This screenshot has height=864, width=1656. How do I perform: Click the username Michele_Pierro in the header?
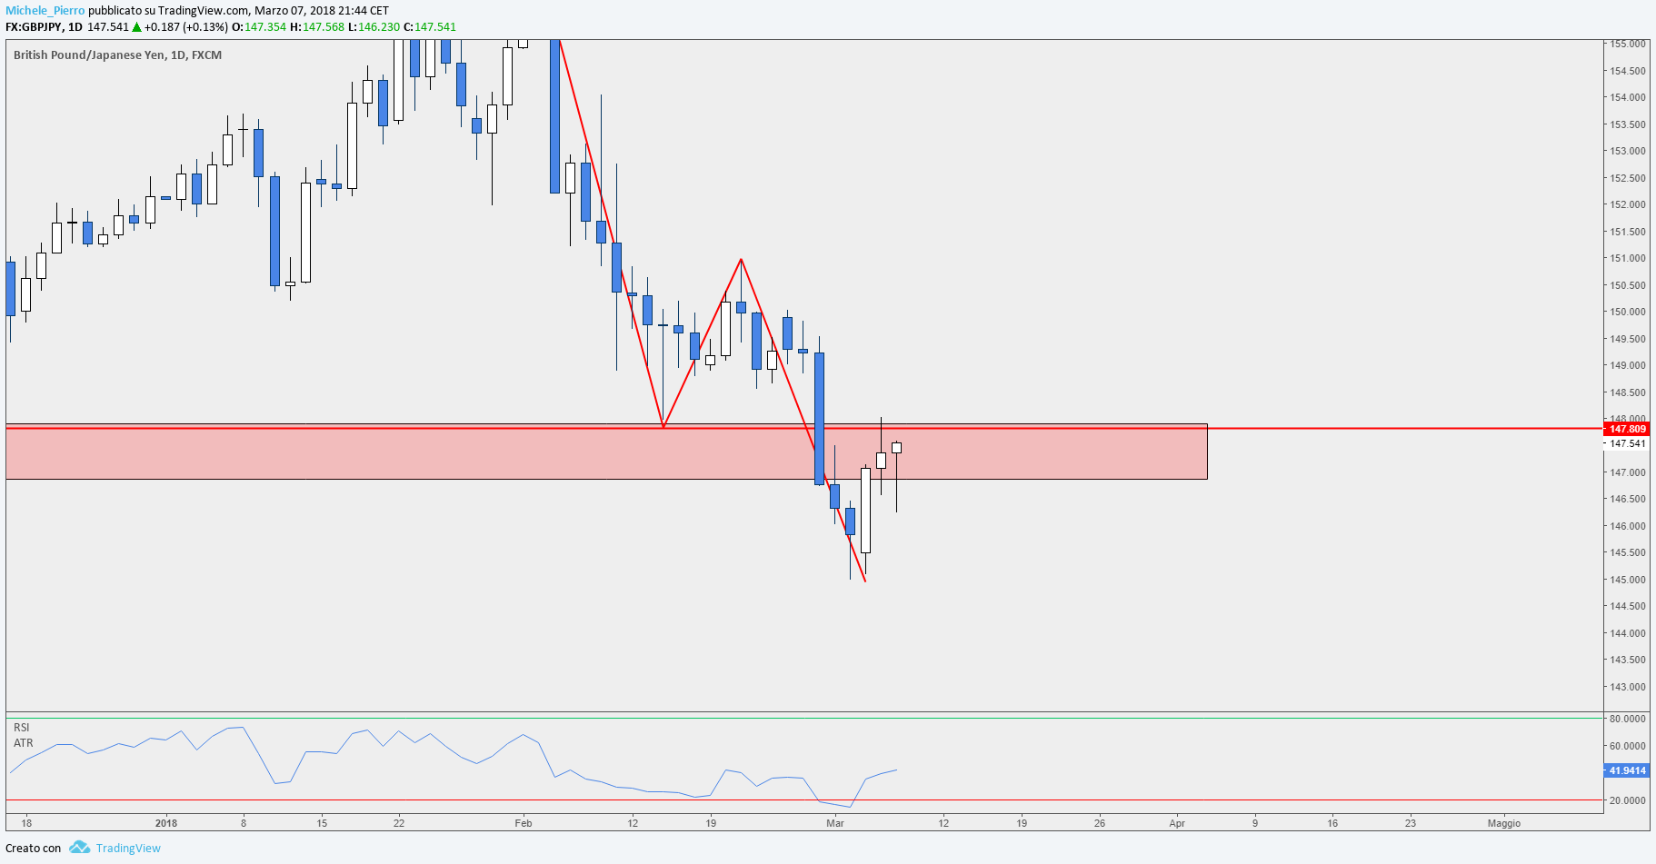point(45,11)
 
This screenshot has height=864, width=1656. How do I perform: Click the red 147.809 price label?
point(1627,429)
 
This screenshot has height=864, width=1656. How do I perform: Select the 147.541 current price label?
point(1627,443)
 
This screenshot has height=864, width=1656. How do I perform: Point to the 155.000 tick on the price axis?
point(1628,44)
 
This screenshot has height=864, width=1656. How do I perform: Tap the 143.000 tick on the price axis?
point(1628,687)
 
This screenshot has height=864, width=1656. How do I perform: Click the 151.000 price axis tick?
point(1628,258)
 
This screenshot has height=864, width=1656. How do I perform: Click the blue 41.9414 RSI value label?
point(1627,770)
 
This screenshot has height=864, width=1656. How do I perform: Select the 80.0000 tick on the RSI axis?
point(1628,719)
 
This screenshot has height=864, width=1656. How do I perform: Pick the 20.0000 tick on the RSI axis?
point(1628,800)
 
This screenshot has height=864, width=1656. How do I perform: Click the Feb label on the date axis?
point(524,823)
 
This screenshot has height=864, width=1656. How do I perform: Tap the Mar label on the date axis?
point(835,823)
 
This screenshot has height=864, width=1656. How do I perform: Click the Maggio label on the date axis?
point(1504,823)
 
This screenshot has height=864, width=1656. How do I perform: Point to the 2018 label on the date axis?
point(166,823)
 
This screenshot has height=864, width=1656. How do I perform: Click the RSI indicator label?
point(22,728)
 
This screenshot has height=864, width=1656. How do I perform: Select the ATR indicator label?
point(24,743)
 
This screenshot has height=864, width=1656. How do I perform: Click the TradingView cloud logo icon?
point(79,848)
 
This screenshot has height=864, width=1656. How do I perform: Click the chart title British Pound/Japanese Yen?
point(89,55)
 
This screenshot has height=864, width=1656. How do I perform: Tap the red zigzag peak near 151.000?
point(742,260)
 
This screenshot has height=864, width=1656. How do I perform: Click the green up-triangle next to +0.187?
point(137,26)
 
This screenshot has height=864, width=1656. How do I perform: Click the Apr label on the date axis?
point(1177,823)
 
